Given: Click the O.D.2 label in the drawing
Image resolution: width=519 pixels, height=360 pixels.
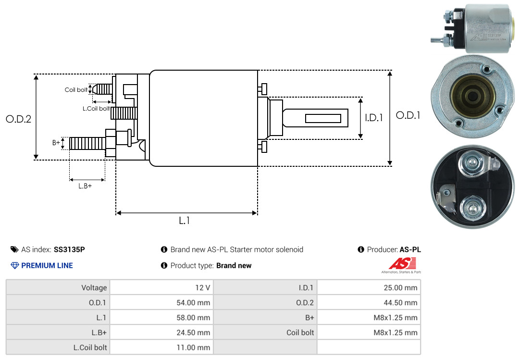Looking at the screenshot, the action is tap(19, 119).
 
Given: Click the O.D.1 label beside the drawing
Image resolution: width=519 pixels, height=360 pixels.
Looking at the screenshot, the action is tap(408, 115).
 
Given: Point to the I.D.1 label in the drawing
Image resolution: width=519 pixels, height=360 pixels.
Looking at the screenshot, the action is tap(374, 118).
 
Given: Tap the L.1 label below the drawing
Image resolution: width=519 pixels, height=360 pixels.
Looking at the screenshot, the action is tap(185, 221).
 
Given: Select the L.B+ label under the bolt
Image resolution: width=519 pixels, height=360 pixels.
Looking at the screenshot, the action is tap(85, 186).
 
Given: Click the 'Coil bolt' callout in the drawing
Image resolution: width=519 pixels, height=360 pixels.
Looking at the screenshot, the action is tap(76, 90).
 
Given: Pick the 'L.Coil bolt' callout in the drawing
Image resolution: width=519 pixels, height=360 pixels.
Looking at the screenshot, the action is tap(96, 108).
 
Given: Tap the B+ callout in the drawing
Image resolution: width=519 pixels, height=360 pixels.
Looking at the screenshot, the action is tap(56, 142).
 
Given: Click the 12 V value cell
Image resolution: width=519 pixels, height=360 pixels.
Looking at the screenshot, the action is tap(162, 287).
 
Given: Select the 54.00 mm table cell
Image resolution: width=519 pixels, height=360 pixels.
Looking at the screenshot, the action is tap(162, 302).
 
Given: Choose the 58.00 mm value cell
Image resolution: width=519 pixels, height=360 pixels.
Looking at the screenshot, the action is tap(162, 317).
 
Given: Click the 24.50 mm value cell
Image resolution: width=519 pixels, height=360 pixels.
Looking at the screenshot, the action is tap(162, 332).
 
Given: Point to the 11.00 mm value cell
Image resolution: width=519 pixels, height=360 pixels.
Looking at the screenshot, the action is tap(162, 347).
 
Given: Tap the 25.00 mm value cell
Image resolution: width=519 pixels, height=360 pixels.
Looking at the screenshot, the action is tap(369, 287).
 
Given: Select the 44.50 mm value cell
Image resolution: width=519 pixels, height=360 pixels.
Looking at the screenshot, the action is tap(369, 302).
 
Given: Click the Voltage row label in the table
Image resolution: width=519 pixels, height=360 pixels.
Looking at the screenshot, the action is tap(94, 287).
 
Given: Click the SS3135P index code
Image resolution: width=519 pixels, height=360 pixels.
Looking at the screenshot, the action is tap(69, 249).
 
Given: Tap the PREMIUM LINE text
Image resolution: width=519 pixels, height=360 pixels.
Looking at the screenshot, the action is tap(47, 265).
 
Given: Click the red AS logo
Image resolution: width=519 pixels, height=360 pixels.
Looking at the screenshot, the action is tap(402, 263).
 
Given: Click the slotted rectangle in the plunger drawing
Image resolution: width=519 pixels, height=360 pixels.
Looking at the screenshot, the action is tap(323, 118).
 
